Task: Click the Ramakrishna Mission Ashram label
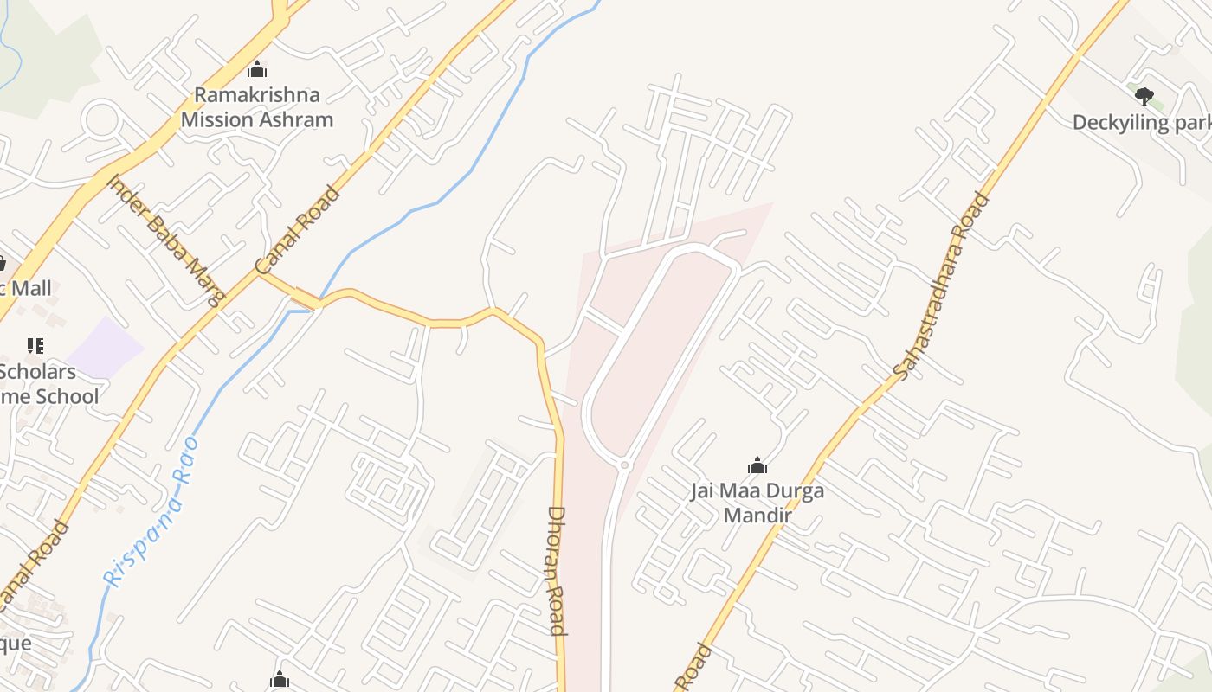pyautogui.click(x=257, y=107)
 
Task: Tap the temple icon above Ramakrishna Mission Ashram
pyautogui.click(x=256, y=69)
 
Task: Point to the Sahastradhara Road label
pyautogui.click(x=943, y=285)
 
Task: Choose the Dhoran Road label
pyautogui.click(x=557, y=571)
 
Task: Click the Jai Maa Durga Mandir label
pyautogui.click(x=757, y=503)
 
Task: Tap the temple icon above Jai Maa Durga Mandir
pyautogui.click(x=757, y=466)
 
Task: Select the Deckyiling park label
pyautogui.click(x=1141, y=123)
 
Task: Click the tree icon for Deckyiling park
pyautogui.click(x=1144, y=96)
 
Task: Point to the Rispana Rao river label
pyautogui.click(x=151, y=512)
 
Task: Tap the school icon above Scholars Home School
pyautogui.click(x=35, y=346)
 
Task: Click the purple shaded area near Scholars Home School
pyautogui.click(x=106, y=347)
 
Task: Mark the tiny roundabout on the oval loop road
pyautogui.click(x=624, y=465)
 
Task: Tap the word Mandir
pyautogui.click(x=757, y=516)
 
